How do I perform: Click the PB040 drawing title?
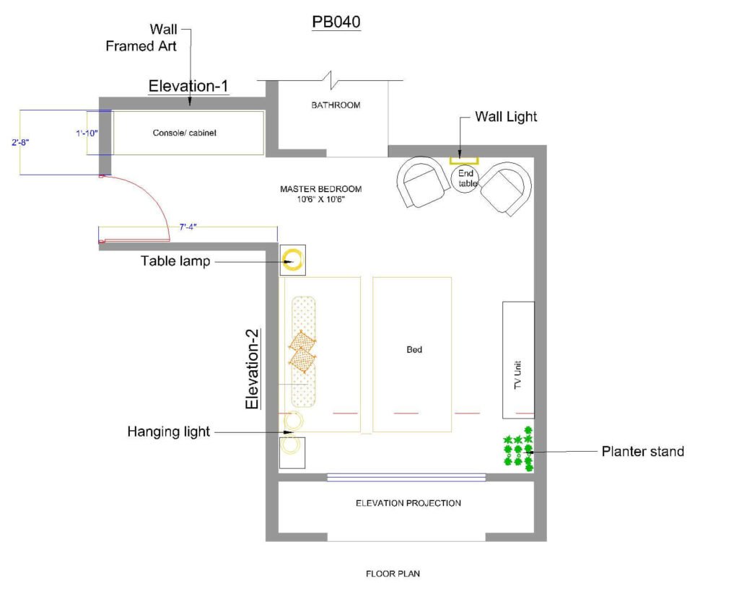[336, 22]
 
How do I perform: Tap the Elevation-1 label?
[188, 86]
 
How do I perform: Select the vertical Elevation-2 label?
[252, 369]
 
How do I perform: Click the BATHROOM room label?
[336, 105]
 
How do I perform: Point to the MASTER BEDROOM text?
[321, 189]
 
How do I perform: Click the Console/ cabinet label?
[184, 133]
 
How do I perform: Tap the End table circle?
[465, 179]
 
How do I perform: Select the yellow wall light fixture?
[464, 161]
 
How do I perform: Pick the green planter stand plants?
[518, 449]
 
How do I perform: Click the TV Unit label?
[518, 375]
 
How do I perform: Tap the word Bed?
[414, 350]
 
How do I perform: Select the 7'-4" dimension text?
[188, 227]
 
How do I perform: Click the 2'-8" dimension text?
[20, 142]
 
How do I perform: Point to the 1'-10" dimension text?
[87, 133]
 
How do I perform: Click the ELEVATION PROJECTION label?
[408, 504]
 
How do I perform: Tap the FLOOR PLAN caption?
[393, 574]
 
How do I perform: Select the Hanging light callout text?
[169, 432]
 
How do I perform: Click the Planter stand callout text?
[643, 452]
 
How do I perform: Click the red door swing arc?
[152, 194]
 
